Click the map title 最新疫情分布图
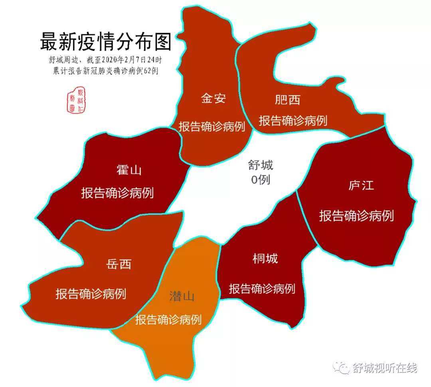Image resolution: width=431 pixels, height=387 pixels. point(105,42)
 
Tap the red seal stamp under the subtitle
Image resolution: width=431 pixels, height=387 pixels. point(76,100)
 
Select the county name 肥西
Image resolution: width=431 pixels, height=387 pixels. point(287,100)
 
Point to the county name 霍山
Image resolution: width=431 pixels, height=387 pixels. point(129,170)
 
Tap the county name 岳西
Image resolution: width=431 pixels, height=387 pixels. point(119,264)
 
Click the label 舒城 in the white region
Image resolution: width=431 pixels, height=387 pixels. point(261,165)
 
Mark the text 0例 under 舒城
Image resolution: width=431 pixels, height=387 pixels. point(261,180)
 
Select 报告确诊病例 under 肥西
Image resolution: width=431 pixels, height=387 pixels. point(293,120)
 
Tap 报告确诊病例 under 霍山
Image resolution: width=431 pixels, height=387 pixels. point(117,193)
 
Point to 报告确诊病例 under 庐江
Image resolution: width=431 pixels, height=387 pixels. point(356,216)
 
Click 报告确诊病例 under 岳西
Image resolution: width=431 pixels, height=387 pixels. point(91,294)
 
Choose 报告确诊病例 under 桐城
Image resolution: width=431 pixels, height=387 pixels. point(262,288)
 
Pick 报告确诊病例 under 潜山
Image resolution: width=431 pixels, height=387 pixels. point(168,320)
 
